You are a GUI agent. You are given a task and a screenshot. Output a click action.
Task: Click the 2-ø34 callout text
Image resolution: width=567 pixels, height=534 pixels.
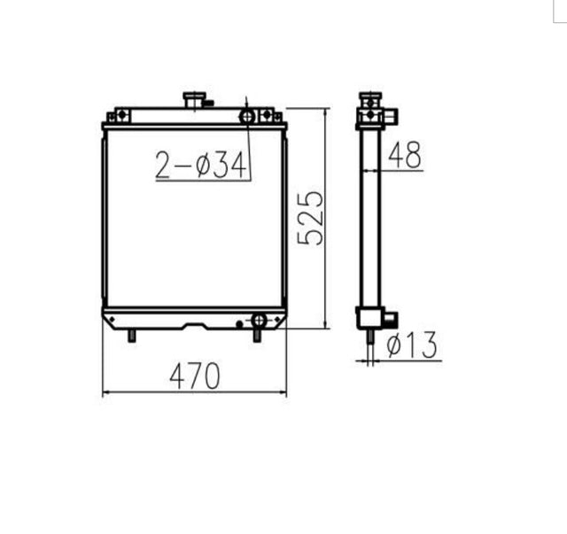pyautogui.click(x=200, y=165)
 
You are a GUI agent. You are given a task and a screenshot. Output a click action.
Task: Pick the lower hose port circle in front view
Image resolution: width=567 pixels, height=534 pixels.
pyautogui.click(x=259, y=320)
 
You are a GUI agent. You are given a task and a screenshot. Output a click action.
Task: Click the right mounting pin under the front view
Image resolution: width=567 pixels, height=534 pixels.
pyautogui.click(x=259, y=336)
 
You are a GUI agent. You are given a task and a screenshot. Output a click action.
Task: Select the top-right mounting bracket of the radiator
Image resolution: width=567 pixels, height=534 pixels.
pyautogui.click(x=268, y=116)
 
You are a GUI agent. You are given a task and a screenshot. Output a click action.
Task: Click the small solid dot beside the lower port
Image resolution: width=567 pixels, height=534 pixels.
pyautogui.click(x=240, y=325)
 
